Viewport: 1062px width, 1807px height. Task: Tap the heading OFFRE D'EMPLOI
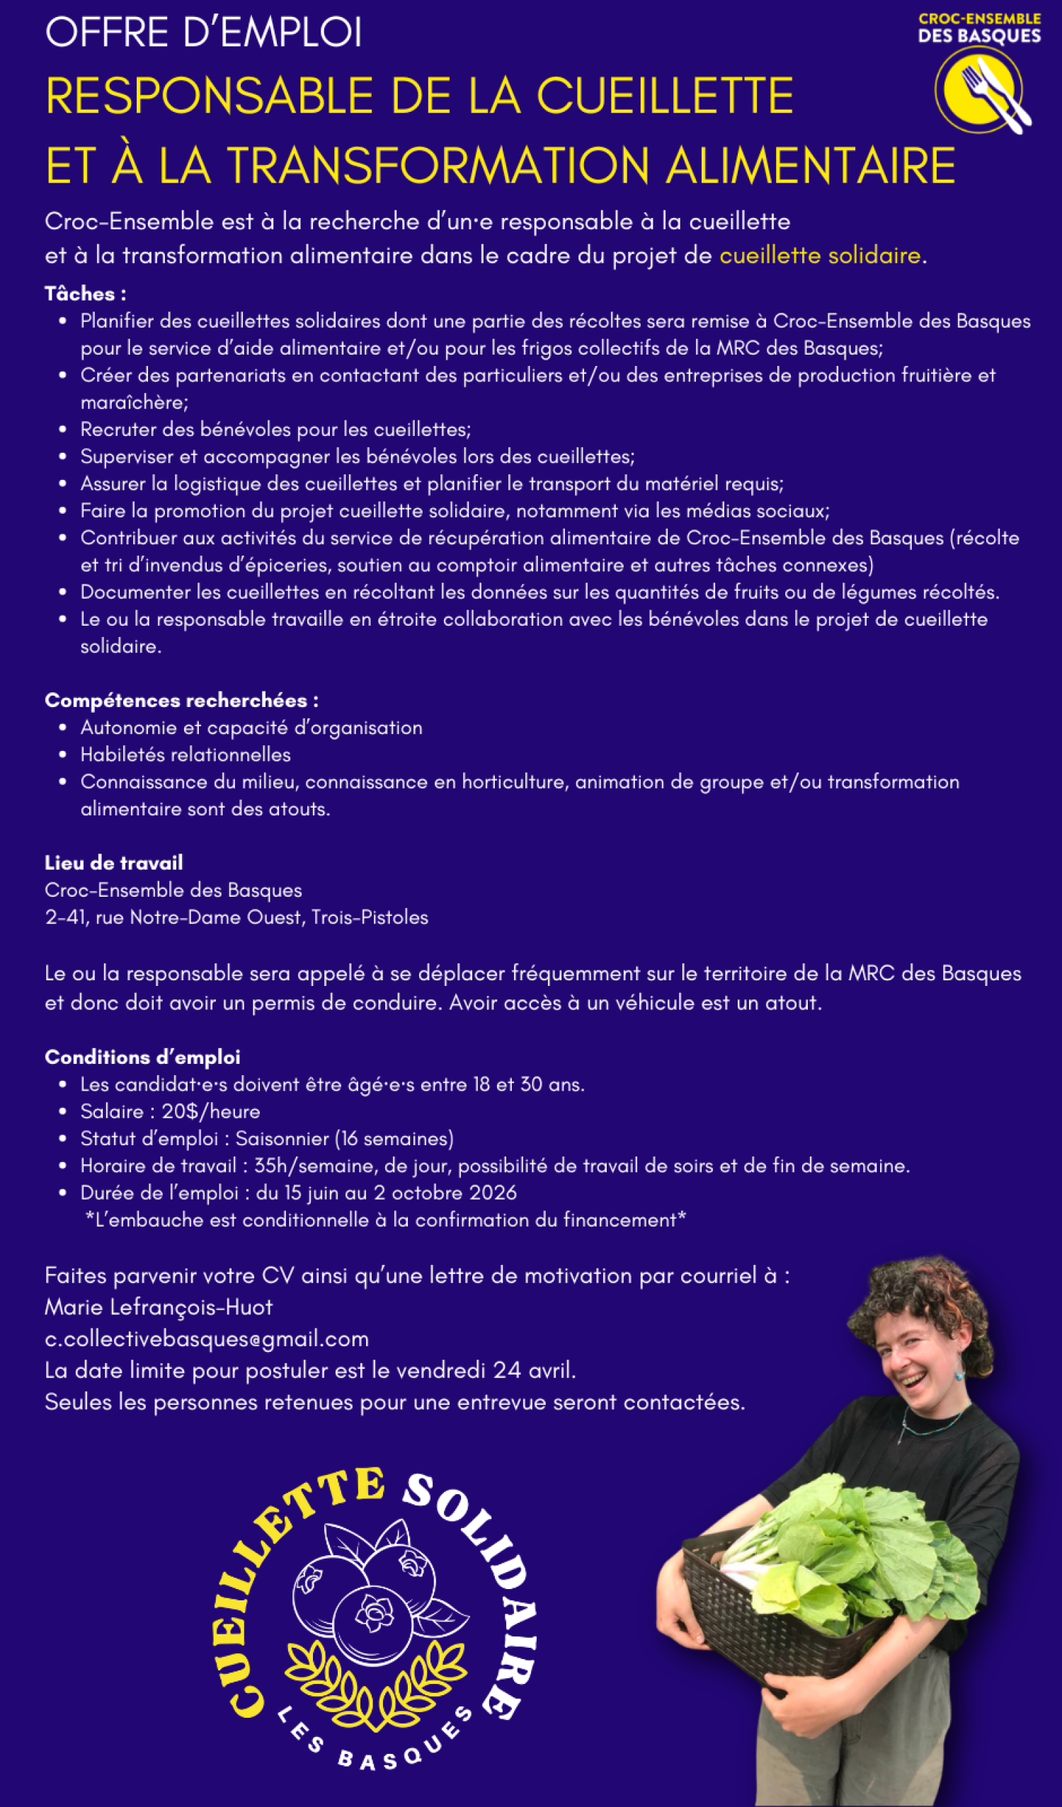[204, 33]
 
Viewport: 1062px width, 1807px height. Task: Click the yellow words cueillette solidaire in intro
[820, 256]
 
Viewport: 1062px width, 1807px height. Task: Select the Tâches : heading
[86, 294]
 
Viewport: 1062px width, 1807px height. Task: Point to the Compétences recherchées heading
[181, 701]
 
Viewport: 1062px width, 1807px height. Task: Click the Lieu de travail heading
[113, 863]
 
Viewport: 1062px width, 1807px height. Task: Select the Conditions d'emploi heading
[142, 1057]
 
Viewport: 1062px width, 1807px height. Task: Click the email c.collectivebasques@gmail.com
[207, 1338]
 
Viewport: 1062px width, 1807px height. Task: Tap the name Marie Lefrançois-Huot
[159, 1307]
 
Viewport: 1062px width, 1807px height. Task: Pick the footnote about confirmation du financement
[386, 1220]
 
